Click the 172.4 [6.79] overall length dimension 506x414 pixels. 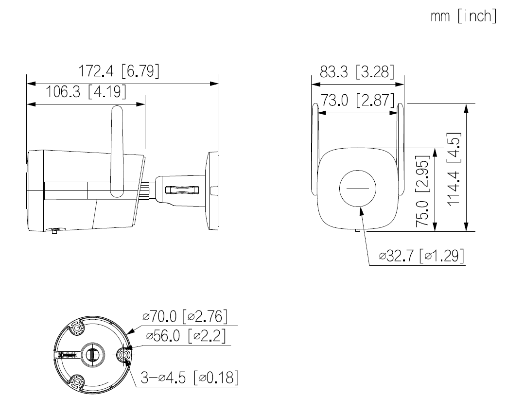tap(119, 71)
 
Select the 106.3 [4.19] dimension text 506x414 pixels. tap(85, 92)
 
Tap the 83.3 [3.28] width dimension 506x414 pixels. tap(357, 71)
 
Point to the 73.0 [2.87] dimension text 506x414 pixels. tap(357, 100)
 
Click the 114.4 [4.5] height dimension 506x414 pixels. tap(454, 169)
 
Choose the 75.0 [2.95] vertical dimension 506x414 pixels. tap(422, 191)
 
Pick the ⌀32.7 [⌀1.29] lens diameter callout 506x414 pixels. tap(422, 256)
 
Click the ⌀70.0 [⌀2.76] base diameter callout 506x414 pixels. tap(185, 316)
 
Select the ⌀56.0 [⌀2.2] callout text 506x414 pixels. tap(186, 336)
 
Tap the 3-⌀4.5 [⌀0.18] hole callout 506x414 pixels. tap(190, 377)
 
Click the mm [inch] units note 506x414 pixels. tap(464, 16)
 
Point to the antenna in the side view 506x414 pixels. tap(117, 151)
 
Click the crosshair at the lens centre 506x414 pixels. tap(358, 189)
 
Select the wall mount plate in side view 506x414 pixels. tap(212, 191)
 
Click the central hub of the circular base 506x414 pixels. tap(93, 355)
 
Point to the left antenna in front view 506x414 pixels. tap(315, 149)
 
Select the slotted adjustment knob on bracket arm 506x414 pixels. tap(181, 190)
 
